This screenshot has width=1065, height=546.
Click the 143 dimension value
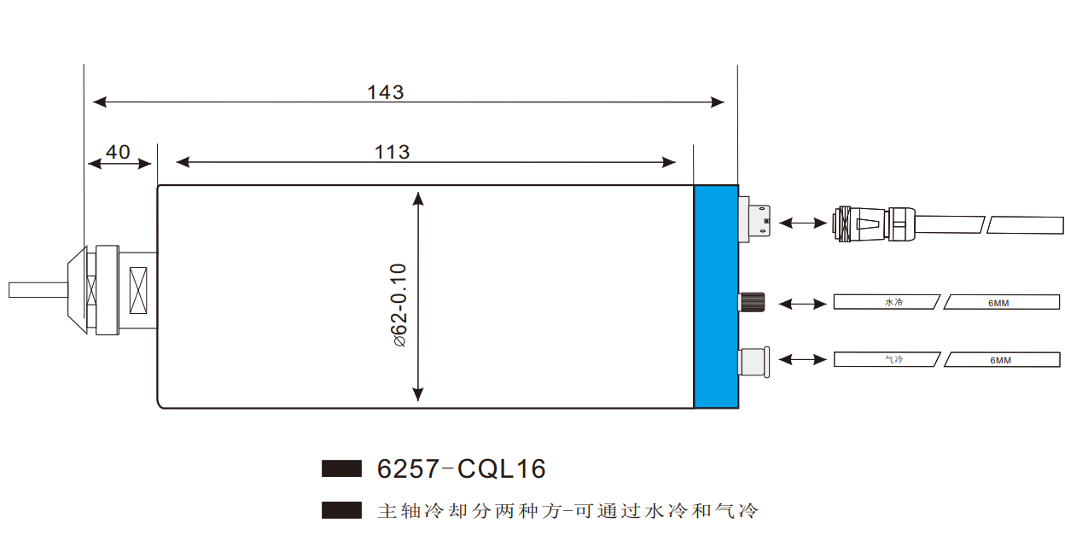coord(385,91)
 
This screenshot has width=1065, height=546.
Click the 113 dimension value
coord(392,152)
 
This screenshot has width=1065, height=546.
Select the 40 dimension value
coord(118,152)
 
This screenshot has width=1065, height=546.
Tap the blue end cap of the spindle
coord(715,296)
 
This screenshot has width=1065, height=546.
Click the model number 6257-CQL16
coord(461,468)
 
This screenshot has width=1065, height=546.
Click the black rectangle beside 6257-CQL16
coord(341,468)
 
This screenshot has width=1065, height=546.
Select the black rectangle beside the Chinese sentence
coord(341,510)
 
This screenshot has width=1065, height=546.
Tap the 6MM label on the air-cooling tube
coord(1000,359)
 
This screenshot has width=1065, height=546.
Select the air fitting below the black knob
coord(754,361)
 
